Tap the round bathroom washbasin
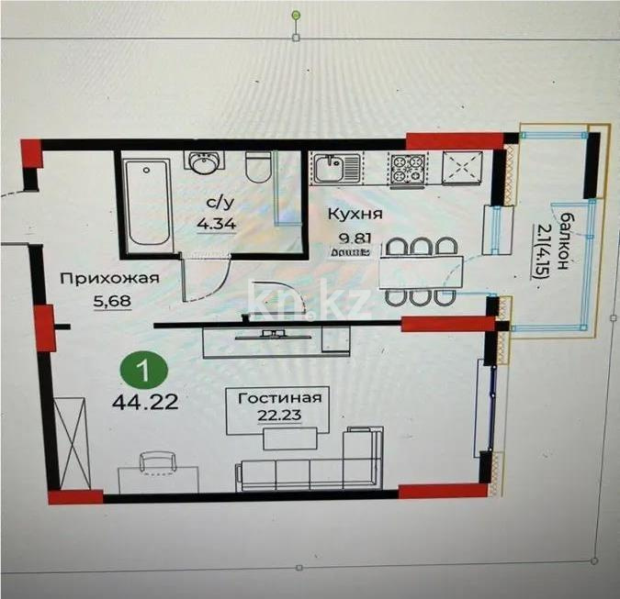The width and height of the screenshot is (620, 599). (201, 163)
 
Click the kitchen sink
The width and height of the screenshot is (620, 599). (328, 169)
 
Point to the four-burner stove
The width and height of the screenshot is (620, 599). (407, 169)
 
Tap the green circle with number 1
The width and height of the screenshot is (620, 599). (144, 373)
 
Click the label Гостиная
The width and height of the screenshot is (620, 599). (278, 397)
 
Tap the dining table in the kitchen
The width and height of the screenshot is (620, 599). (420, 271)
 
